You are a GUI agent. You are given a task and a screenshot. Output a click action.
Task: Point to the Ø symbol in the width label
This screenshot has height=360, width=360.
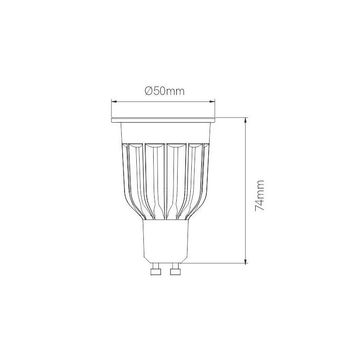[148, 92]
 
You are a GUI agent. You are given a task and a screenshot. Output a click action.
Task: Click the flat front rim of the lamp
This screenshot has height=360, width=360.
[163, 120]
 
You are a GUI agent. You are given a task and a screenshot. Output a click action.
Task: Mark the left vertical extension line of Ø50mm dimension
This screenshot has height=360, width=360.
[111, 108]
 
